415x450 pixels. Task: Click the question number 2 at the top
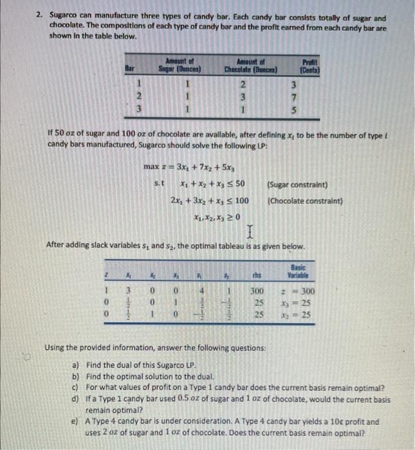pos(39,19)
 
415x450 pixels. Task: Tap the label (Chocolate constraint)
pos(304,201)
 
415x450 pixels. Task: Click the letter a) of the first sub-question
pos(75,363)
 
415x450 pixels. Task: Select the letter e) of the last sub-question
pos(75,422)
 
